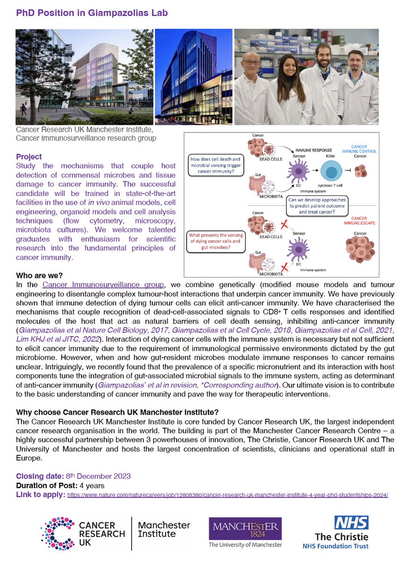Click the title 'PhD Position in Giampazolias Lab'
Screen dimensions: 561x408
(92, 13)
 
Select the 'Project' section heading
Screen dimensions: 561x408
(29, 157)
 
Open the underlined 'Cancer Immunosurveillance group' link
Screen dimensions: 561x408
(103, 284)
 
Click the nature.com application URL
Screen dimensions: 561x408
(228, 494)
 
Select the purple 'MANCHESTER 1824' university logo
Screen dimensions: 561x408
(245, 527)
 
